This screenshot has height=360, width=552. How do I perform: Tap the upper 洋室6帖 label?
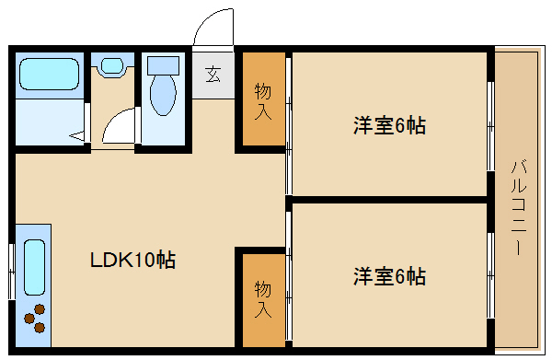pyautogui.click(x=388, y=126)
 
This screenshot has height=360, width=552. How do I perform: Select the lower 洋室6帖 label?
pyautogui.click(x=388, y=275)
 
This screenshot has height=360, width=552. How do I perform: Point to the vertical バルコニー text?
pyautogui.click(x=517, y=208)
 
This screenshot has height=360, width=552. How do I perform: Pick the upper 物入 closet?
pyautogui.click(x=263, y=100)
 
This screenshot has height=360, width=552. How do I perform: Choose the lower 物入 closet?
pyautogui.click(x=263, y=297)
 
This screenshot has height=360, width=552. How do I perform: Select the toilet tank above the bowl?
pyautogui.click(x=163, y=65)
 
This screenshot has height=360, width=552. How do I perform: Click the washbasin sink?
pyautogui.click(x=112, y=66)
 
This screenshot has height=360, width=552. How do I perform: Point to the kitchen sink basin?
pyautogui.click(x=33, y=266)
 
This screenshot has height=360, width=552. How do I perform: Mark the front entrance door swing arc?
pyautogui.click(x=214, y=26)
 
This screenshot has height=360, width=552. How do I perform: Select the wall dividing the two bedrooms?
pyautogui.click(x=386, y=198)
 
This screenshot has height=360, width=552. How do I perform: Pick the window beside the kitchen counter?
pyautogui.click(x=10, y=272)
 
